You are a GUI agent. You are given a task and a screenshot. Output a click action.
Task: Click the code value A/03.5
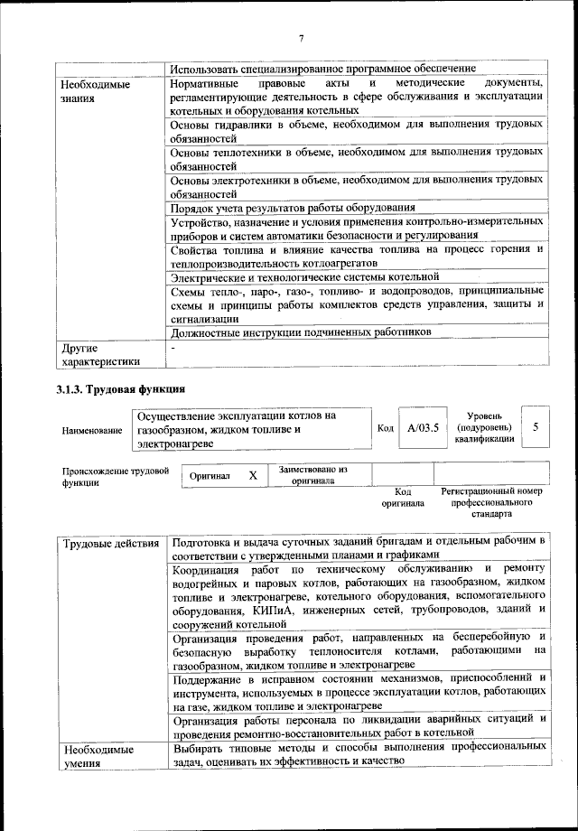423,427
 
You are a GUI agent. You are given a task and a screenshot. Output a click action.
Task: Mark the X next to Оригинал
253,475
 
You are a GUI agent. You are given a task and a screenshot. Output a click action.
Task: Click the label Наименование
92,431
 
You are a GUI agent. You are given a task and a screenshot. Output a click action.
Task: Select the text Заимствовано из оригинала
313,475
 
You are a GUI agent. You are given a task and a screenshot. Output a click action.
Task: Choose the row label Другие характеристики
99,354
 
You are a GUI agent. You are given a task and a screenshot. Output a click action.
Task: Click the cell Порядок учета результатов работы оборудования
293,207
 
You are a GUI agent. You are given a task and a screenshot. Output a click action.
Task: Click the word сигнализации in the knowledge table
204,318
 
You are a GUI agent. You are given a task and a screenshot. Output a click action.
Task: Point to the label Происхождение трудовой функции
116,476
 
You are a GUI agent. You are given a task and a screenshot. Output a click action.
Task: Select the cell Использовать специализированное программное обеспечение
323,69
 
